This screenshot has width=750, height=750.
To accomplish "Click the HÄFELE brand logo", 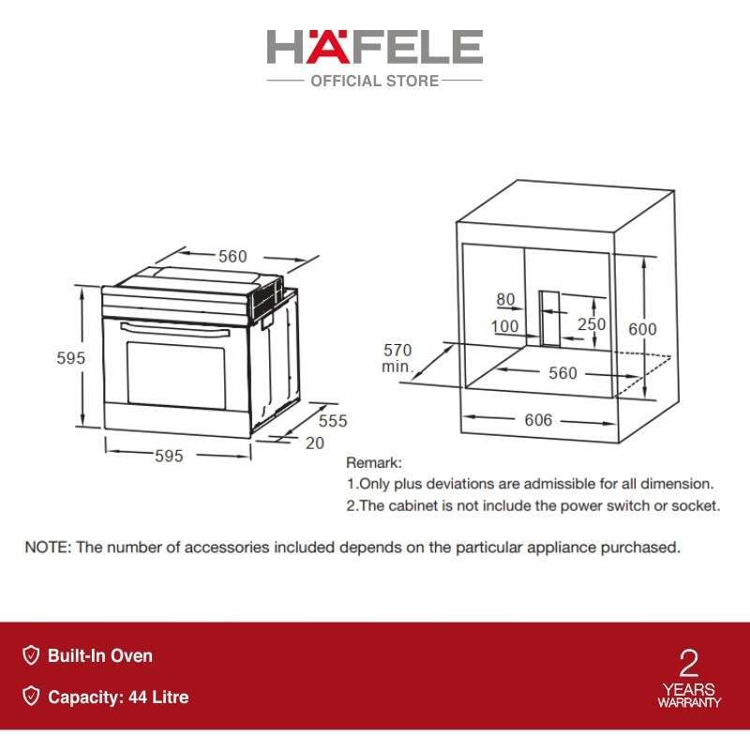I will [x=374, y=48].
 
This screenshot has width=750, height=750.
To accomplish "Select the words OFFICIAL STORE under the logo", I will [x=374, y=82].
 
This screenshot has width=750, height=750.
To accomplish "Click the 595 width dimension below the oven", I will [x=169, y=456].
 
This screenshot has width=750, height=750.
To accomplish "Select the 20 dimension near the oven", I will [x=315, y=442].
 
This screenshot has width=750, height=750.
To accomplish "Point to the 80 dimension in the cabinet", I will [x=506, y=300].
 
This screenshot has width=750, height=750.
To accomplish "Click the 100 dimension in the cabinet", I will [x=505, y=325].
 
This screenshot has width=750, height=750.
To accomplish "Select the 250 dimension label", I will [x=592, y=324].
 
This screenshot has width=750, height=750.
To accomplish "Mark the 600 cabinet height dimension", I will [x=642, y=329].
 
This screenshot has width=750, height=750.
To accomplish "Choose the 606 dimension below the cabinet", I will [x=538, y=420].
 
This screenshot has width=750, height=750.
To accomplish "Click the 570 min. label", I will [x=397, y=358].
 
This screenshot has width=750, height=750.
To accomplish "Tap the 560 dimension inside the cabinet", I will [x=562, y=373].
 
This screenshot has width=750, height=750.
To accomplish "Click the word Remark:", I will [x=374, y=463].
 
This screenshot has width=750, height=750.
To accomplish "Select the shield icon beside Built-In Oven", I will [x=31, y=656].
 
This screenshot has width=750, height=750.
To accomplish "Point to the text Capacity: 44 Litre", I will [x=118, y=697].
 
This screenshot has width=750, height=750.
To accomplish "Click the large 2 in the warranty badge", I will [x=689, y=664].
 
